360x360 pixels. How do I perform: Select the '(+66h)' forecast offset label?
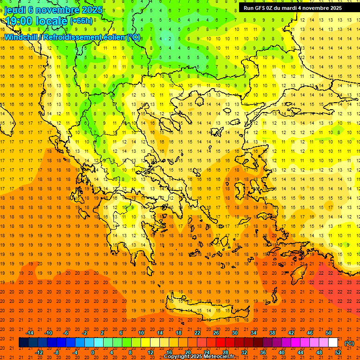[81, 21]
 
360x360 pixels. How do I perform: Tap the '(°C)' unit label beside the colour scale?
[349, 343]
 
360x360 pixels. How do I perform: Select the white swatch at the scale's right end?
[333, 343]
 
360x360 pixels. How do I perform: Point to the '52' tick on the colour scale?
[338, 352]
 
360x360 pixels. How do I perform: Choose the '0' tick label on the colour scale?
[92, 352]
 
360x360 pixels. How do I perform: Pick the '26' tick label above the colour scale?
[216, 333]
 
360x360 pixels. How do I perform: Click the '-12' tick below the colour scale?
[39, 352]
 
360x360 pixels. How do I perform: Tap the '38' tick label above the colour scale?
[272, 333]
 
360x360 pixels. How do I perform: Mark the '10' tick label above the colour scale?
[141, 333]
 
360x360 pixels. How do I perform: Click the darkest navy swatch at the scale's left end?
[23, 343]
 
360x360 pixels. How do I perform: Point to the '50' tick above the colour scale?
[329, 333]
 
